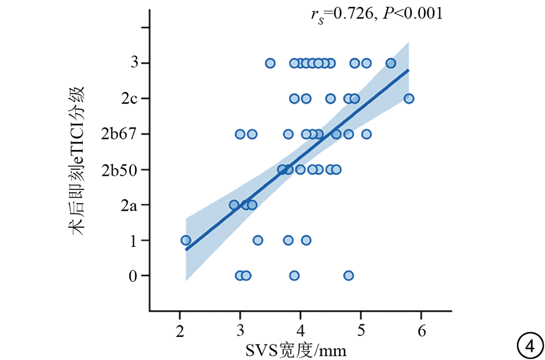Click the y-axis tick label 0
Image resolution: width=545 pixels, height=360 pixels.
(133, 276)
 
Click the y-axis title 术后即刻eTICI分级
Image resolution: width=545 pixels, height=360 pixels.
(78, 161)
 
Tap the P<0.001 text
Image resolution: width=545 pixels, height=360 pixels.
(412, 13)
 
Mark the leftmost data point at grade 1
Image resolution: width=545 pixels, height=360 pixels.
(185, 240)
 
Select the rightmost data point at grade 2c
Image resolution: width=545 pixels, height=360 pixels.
(409, 98)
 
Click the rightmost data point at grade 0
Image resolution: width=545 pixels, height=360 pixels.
(349, 276)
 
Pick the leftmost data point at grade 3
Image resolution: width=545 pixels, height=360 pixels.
(270, 63)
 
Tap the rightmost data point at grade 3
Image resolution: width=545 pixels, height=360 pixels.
(391, 63)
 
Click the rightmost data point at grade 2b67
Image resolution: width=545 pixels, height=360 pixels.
(366, 134)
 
